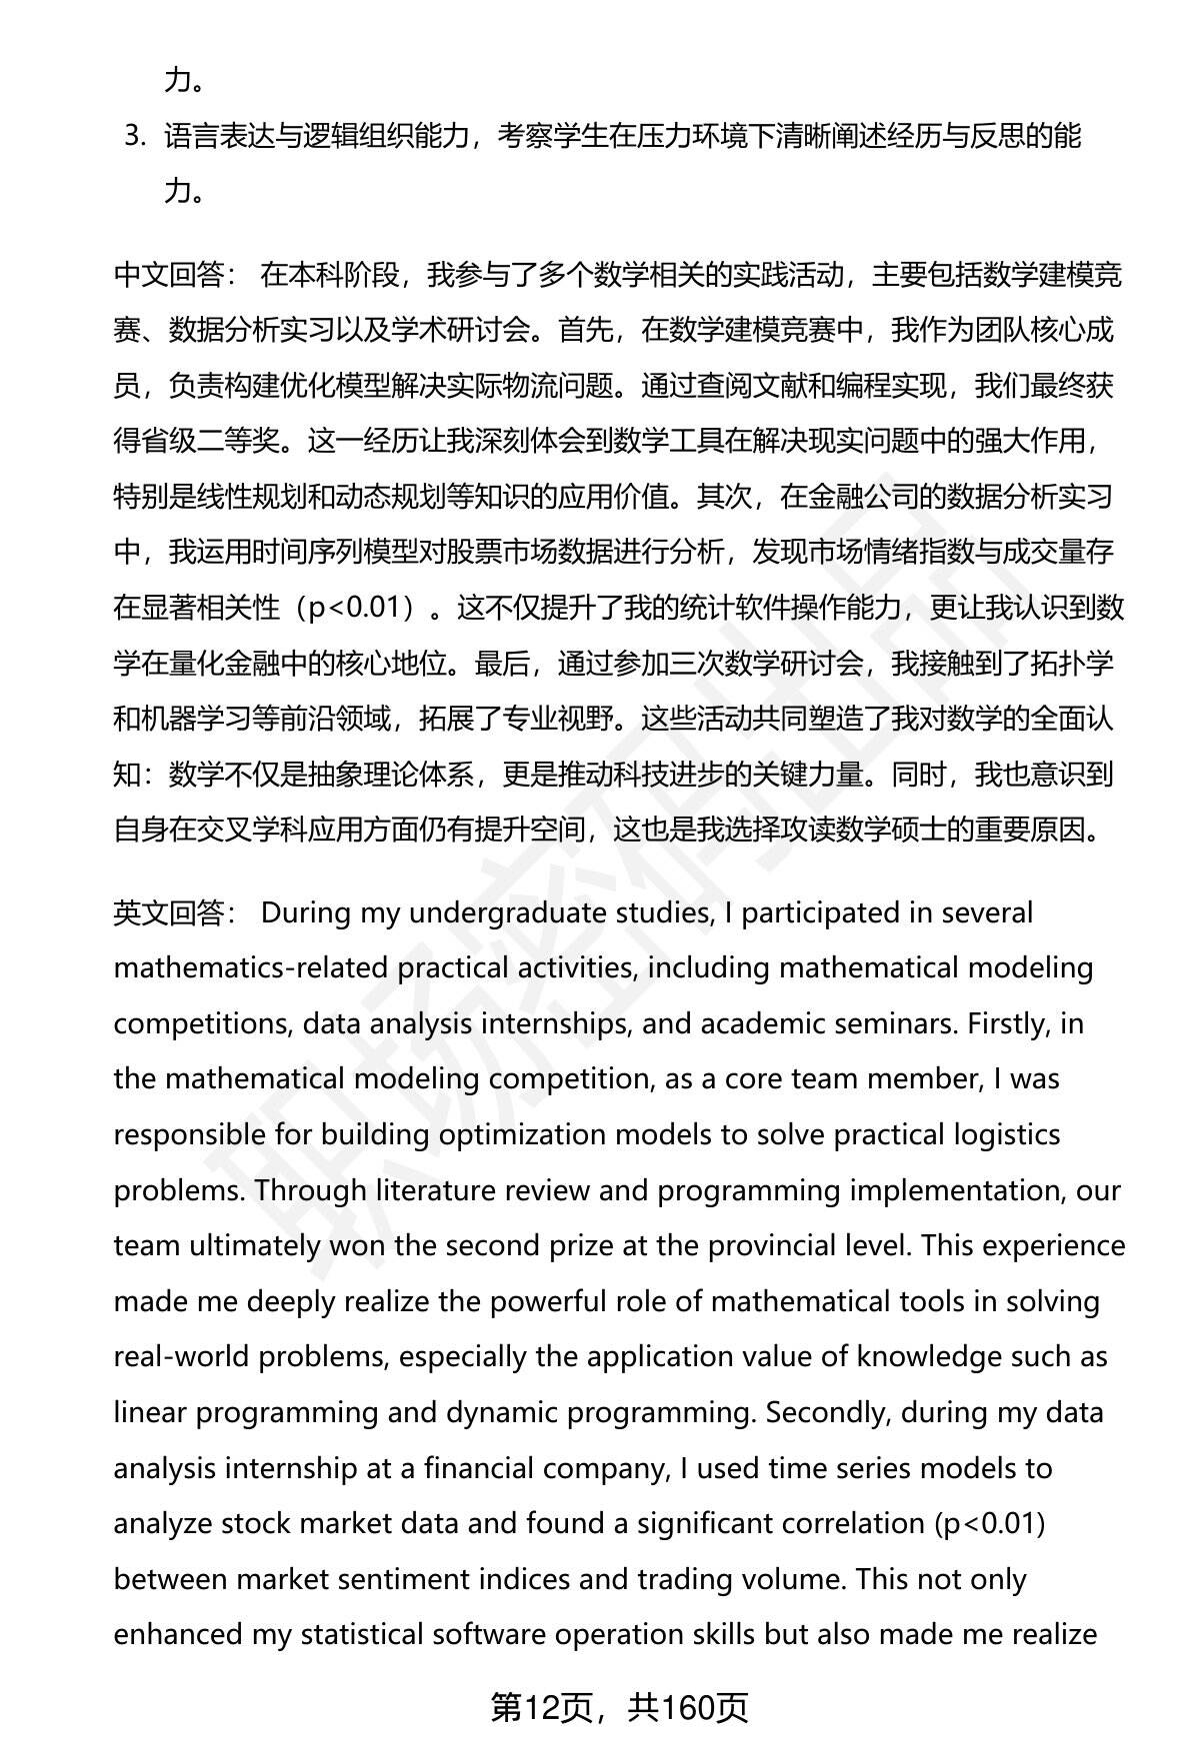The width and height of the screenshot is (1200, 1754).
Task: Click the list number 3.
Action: pos(135,136)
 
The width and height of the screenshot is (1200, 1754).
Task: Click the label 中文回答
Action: pos(171,275)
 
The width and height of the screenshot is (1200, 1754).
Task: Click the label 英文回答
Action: pos(171,912)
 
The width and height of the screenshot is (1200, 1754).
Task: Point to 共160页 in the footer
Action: pos(688,1707)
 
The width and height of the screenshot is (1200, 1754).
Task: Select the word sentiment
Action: pos(443,1579)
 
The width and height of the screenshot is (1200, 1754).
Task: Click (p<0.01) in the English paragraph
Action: pos(989,1523)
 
